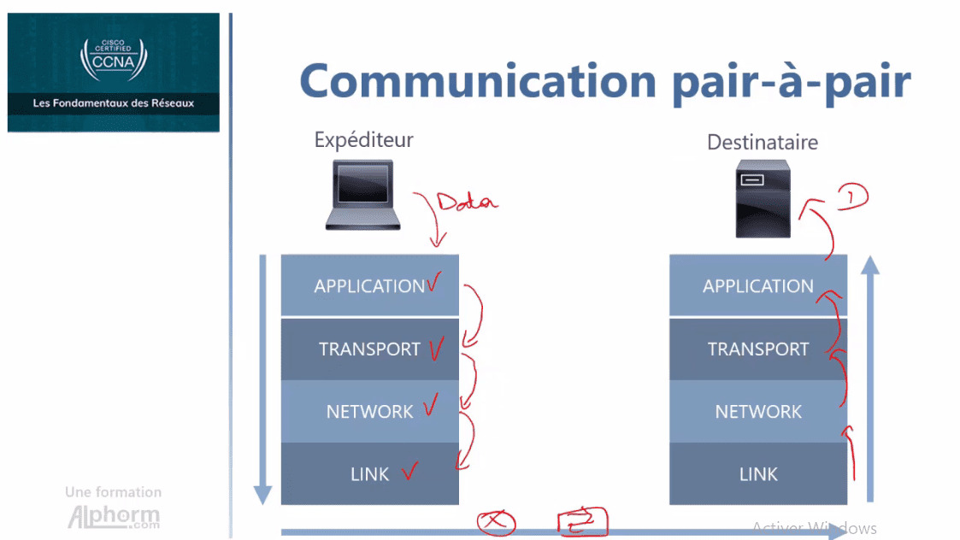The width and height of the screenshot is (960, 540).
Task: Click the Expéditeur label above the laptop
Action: pos(363,139)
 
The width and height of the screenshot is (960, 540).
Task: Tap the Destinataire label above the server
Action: pos(762,142)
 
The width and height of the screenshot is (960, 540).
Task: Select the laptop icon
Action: pos(362,196)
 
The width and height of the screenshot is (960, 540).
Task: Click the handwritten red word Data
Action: pos(466,202)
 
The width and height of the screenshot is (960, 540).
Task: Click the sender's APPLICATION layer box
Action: pos(369,286)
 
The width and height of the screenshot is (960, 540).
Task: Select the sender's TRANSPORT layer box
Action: pos(369,349)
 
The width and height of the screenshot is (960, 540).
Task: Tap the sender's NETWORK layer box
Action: pos(369,411)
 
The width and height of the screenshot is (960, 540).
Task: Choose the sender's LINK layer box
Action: pos(369,473)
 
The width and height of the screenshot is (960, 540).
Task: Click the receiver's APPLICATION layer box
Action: pos(757,286)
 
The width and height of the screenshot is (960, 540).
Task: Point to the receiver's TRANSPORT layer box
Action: pos(757,349)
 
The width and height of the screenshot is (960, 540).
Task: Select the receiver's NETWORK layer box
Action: pos(757,411)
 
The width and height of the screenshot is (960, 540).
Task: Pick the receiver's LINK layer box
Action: pos(757,473)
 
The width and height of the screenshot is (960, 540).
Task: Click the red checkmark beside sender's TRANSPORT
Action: pos(436,348)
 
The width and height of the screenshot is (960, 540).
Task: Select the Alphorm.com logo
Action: pos(113,516)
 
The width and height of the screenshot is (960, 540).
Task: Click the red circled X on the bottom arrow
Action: pos(496,522)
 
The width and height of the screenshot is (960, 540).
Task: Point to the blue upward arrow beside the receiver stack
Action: pos(869,376)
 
